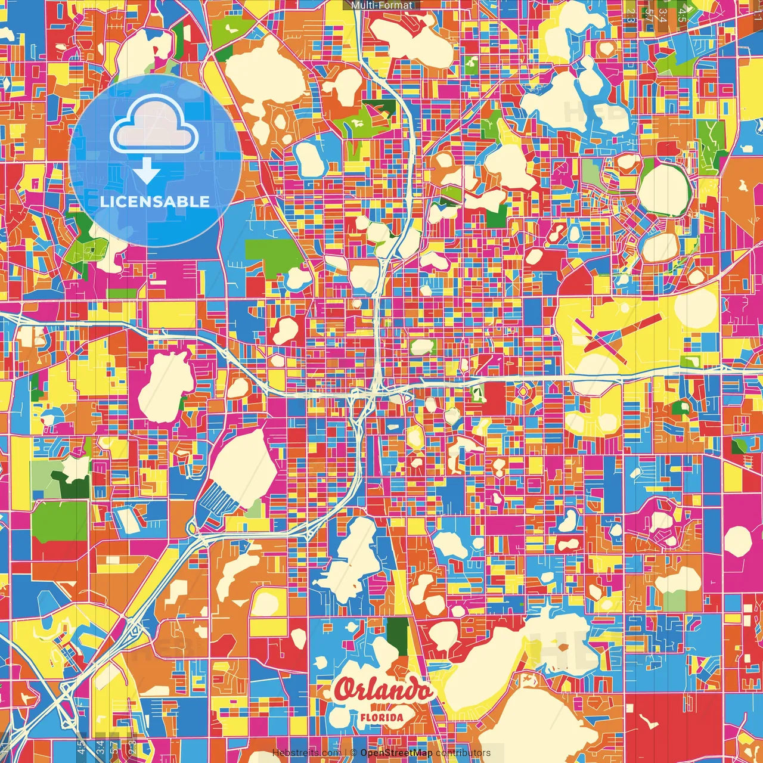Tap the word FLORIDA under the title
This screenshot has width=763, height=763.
click(x=381, y=718)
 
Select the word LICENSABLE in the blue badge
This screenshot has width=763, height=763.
click(x=155, y=201)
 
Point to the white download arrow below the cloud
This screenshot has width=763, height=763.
click(x=147, y=173)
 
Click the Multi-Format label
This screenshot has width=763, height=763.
click(x=381, y=5)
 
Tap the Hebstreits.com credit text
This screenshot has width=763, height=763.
click(x=306, y=753)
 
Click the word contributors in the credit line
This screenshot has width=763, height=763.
click(x=463, y=753)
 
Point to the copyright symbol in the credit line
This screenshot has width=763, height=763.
click(x=353, y=753)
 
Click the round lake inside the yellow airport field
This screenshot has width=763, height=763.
click(x=703, y=306)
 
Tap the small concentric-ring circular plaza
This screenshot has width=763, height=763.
click(x=523, y=392)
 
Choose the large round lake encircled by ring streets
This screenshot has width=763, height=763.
click(x=664, y=190)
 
